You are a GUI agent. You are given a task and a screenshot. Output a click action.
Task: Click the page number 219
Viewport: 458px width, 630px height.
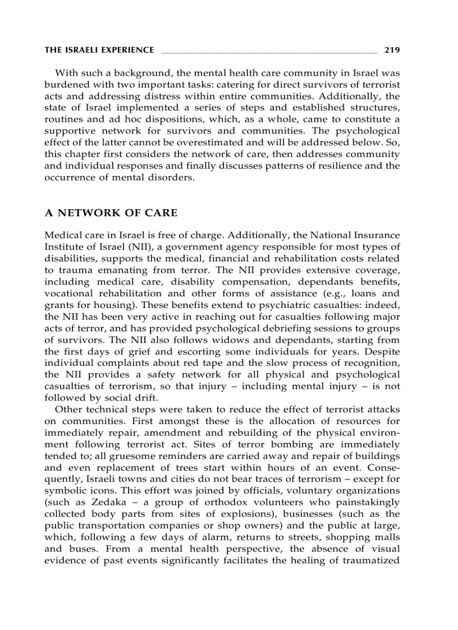[392, 50]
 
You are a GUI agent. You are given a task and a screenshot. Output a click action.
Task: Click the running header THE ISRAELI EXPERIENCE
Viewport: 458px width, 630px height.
[99, 50]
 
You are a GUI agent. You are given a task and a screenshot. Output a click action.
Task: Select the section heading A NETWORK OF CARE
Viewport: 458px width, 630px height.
[111, 213]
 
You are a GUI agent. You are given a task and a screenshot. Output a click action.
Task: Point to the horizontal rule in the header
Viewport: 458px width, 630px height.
[269, 52]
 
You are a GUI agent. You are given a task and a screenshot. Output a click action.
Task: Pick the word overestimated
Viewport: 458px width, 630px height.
[217, 142]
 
